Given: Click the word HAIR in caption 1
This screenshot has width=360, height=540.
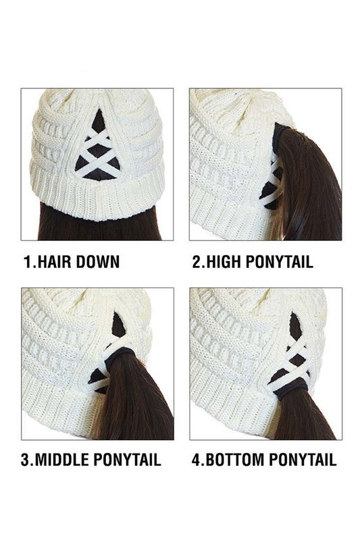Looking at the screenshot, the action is pos(55,262).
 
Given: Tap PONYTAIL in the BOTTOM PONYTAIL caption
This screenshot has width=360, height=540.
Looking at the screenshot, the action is pos(303,460).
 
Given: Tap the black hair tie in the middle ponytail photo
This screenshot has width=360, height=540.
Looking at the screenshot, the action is pos(118,356).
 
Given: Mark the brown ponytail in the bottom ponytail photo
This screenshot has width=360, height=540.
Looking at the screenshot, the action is pos(303,416).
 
